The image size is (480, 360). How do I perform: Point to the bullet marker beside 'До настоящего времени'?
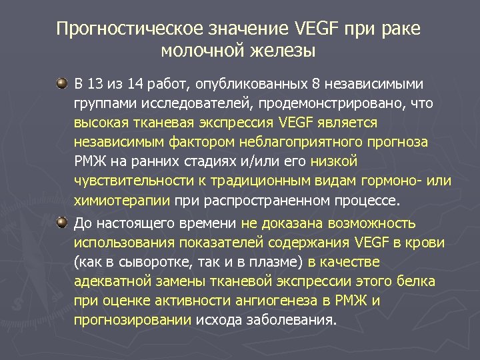[x=62, y=221]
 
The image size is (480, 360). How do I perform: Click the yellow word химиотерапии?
[x=123, y=201]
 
